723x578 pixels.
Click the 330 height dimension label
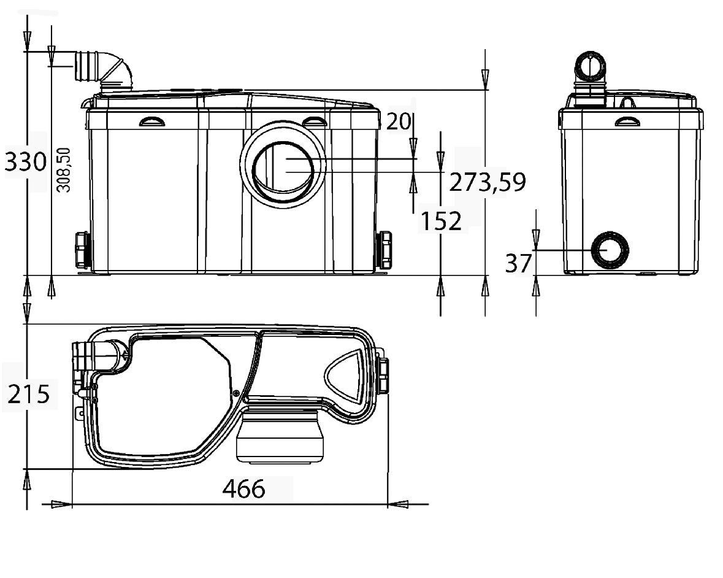click(26, 162)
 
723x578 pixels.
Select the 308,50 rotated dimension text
click(64, 170)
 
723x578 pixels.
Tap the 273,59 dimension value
click(488, 182)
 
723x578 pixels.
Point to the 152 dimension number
click(441, 221)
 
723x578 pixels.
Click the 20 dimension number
click(399, 121)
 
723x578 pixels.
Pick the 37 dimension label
click(519, 263)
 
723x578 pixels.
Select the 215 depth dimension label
click(29, 395)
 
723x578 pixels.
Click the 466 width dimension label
click(244, 489)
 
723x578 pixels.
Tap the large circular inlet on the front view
click(283, 164)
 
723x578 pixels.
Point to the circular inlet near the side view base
click(610, 250)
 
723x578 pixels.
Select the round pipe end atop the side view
click(590, 66)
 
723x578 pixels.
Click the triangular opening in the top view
click(345, 375)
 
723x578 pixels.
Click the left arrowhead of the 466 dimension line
click(61, 504)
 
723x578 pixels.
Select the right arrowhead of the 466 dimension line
click(399, 504)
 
